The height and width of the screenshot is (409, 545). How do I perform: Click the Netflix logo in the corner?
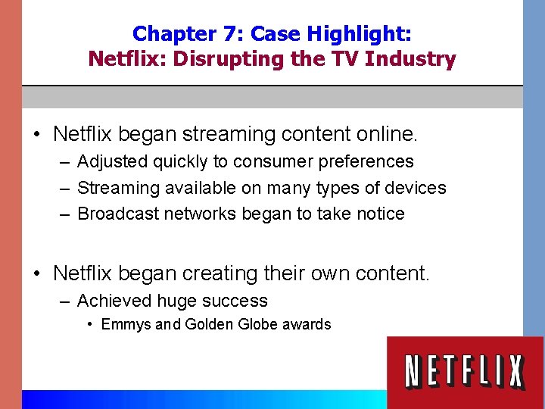(465, 372)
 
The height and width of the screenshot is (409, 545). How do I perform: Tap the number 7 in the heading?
(229, 34)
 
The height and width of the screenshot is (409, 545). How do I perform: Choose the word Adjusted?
(114, 161)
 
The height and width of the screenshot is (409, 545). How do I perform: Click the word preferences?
(367, 161)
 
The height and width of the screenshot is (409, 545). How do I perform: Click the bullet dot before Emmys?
(90, 324)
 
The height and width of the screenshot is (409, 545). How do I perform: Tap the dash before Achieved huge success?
(65, 301)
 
